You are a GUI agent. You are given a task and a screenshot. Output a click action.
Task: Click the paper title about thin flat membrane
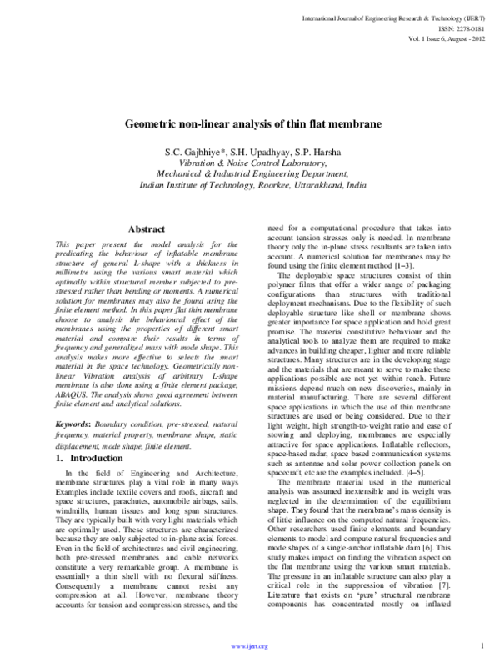point(252,123)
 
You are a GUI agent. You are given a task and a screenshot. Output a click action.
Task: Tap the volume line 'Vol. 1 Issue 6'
point(442,38)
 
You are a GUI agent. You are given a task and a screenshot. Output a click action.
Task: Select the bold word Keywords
point(60,424)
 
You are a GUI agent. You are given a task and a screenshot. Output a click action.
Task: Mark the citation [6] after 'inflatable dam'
point(453,570)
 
